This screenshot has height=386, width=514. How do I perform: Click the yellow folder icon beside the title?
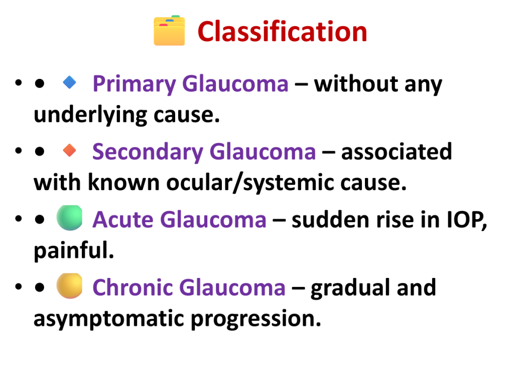click(x=169, y=30)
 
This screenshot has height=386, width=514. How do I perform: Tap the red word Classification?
click(x=282, y=32)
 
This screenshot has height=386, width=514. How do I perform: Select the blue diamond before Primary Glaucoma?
click(x=69, y=82)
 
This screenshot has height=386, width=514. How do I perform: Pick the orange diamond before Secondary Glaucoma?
click(x=69, y=150)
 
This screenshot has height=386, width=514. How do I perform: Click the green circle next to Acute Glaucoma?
click(x=69, y=218)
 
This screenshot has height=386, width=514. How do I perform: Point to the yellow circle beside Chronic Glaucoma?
click(x=69, y=285)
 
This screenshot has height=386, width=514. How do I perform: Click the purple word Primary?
click(x=135, y=84)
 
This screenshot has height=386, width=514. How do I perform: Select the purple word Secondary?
click(x=148, y=152)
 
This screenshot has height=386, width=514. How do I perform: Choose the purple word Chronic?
click(x=133, y=287)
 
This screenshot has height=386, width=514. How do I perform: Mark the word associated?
click(x=397, y=152)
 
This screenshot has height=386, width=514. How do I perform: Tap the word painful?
click(x=74, y=250)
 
